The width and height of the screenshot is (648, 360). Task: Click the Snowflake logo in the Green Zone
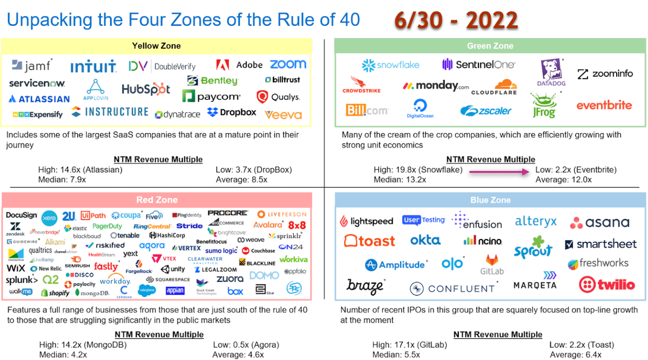[390, 65]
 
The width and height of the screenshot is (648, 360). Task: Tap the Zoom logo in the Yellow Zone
[288, 64]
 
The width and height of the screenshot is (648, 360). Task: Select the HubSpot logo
[146, 89]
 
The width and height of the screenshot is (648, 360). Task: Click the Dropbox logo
[232, 112]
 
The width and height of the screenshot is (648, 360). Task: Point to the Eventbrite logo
[604, 105]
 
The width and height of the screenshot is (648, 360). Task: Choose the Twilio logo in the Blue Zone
[607, 284]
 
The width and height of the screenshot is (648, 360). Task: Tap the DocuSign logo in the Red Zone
[22, 215]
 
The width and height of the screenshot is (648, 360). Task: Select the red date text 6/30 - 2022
[456, 21]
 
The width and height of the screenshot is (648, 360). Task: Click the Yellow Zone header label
[157, 46]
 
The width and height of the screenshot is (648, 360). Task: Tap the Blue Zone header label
[490, 200]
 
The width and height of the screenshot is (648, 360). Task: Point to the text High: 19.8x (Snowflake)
[418, 170]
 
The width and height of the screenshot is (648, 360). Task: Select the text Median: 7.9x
[62, 179]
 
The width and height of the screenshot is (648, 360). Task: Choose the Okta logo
[426, 240]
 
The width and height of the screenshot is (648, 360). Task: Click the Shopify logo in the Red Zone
[56, 293]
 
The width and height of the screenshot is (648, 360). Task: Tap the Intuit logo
[93, 67]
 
